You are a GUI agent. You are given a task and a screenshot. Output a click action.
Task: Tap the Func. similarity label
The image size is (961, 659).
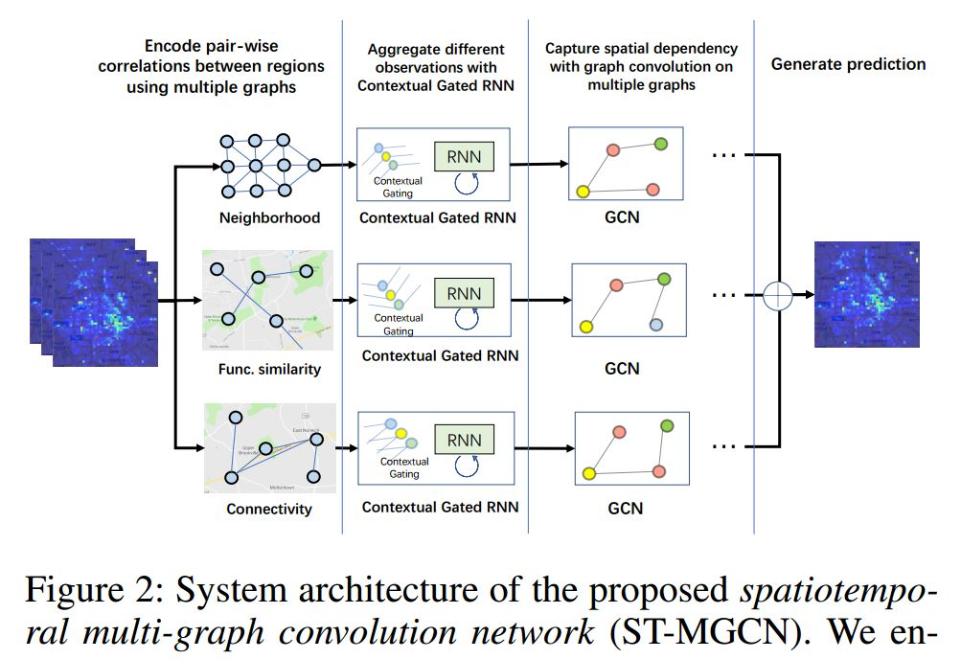pos(269,369)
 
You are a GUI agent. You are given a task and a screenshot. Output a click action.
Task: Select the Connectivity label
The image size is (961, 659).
pos(268,509)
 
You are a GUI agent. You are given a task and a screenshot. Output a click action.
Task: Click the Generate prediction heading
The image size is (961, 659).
pos(848,64)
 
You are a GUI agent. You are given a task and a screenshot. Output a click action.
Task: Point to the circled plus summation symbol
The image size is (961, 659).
pos(780,296)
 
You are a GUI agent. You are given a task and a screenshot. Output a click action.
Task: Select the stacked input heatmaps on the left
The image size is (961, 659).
pos(92,301)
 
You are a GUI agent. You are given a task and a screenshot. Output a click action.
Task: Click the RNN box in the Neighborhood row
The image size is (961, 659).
pos(463,156)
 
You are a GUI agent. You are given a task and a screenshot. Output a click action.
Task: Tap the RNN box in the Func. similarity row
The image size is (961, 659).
pos(465,293)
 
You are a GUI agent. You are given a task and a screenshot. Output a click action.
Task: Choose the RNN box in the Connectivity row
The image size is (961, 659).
pos(465,440)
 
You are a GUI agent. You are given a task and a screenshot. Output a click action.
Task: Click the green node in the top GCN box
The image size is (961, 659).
pos(661,144)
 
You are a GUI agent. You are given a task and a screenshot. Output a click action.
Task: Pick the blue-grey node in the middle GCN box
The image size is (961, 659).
pos(655,326)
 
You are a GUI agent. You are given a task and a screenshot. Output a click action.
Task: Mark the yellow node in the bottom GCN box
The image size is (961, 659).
pos(589,473)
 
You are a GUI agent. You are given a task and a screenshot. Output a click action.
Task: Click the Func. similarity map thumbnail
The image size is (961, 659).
pos(268,300)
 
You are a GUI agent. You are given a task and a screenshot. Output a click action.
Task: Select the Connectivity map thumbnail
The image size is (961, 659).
pos(269,448)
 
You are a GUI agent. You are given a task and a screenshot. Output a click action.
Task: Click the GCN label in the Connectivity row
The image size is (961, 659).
pos(625,508)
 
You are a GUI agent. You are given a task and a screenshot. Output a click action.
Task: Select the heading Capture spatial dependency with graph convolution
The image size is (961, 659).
pos(640,65)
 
